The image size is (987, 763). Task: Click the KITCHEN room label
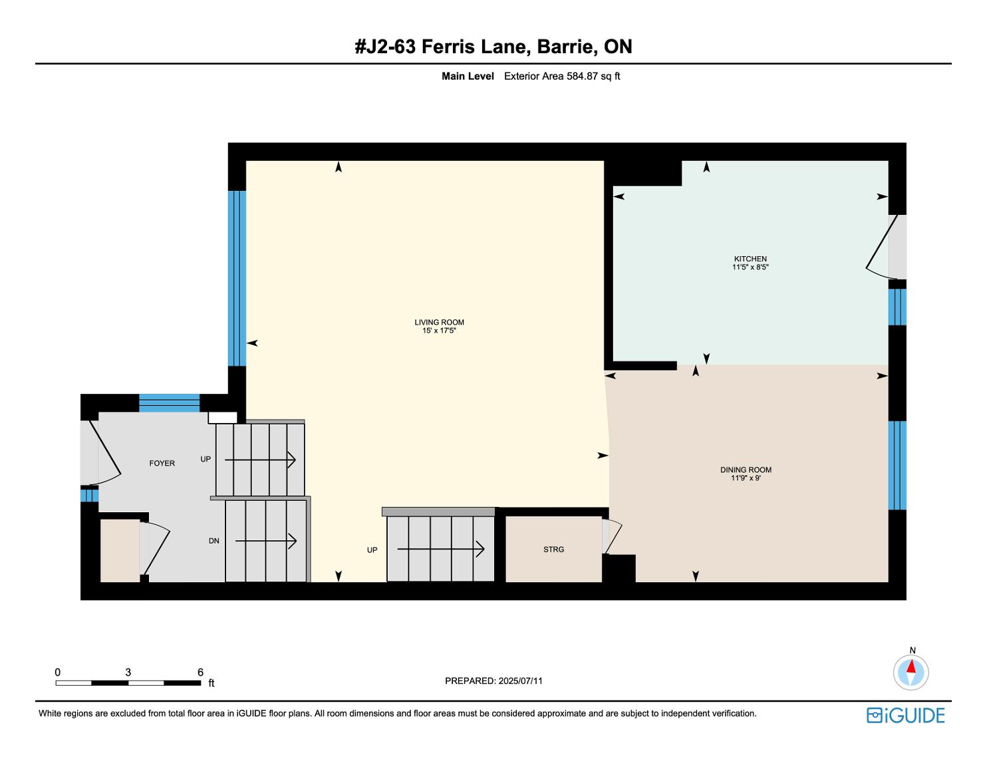(750, 259)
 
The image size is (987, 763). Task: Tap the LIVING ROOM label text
(439, 323)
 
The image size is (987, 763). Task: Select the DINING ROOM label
(746, 470)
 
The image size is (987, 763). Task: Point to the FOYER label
(162, 463)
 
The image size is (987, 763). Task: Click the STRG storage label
(553, 549)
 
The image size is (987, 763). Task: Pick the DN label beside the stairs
(214, 541)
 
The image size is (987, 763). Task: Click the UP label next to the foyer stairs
(206, 459)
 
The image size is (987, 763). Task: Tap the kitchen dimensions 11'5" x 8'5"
(750, 267)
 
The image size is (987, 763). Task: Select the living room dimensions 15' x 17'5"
(439, 331)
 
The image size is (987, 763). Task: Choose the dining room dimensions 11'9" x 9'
(746, 478)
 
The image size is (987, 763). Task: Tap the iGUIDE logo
(905, 715)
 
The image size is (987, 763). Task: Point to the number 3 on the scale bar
(128, 672)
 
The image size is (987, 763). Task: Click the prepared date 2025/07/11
(520, 681)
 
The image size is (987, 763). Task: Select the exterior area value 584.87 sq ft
(593, 76)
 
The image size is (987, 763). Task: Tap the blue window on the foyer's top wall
(169, 403)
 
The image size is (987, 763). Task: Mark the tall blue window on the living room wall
(237, 279)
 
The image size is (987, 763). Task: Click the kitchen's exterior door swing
(882, 247)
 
